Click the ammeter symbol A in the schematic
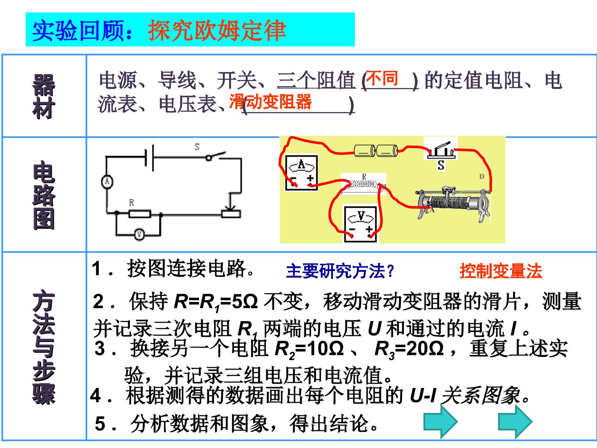tap(107, 182)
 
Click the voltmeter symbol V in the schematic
tap(140, 234)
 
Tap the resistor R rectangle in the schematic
tap(140, 214)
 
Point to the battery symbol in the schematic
tap(149, 158)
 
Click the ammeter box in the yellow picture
tap(301, 173)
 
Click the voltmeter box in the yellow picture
tap(361, 224)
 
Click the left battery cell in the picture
tap(365, 151)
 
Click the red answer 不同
tap(382, 78)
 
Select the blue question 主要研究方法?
tap(340, 271)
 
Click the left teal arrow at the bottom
tap(441, 421)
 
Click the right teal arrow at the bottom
tap(515, 421)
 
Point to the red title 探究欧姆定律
tap(217, 30)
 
